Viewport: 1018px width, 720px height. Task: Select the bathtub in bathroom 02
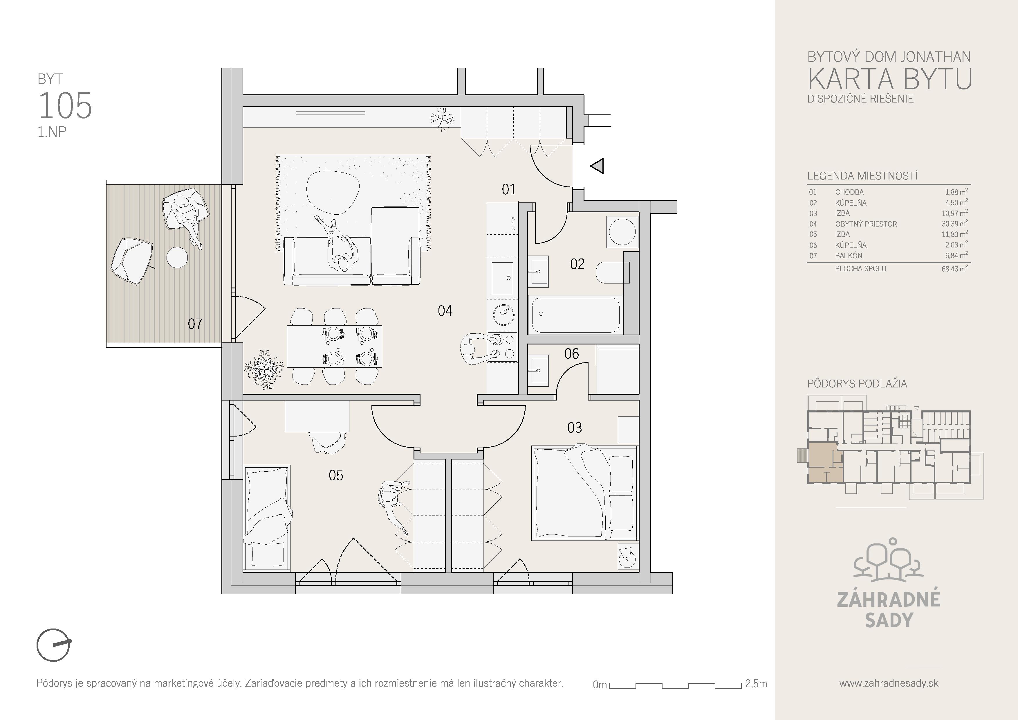pyautogui.click(x=575, y=315)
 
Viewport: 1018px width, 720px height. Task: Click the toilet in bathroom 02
pyautogui.click(x=613, y=272)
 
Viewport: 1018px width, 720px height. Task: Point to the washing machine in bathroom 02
pyautogui.click(x=622, y=231)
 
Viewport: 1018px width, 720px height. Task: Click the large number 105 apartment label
pyautogui.click(x=65, y=106)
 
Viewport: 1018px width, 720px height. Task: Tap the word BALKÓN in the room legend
pyautogui.click(x=849, y=256)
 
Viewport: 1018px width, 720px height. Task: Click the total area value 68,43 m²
pyautogui.click(x=955, y=268)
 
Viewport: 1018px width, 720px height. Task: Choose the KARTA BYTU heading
pyautogui.click(x=889, y=79)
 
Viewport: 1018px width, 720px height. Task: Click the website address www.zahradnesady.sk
pyautogui.click(x=889, y=683)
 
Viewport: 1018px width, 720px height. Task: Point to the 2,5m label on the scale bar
pyautogui.click(x=756, y=684)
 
